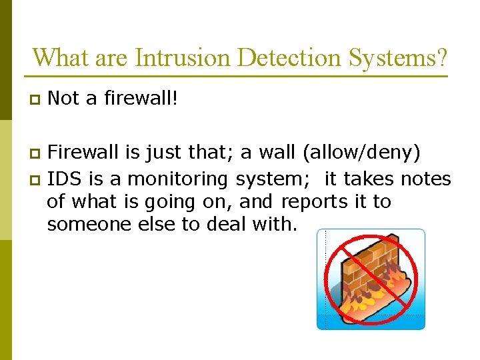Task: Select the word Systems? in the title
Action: click(x=398, y=57)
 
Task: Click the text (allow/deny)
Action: click(x=361, y=154)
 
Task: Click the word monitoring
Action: click(x=177, y=179)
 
